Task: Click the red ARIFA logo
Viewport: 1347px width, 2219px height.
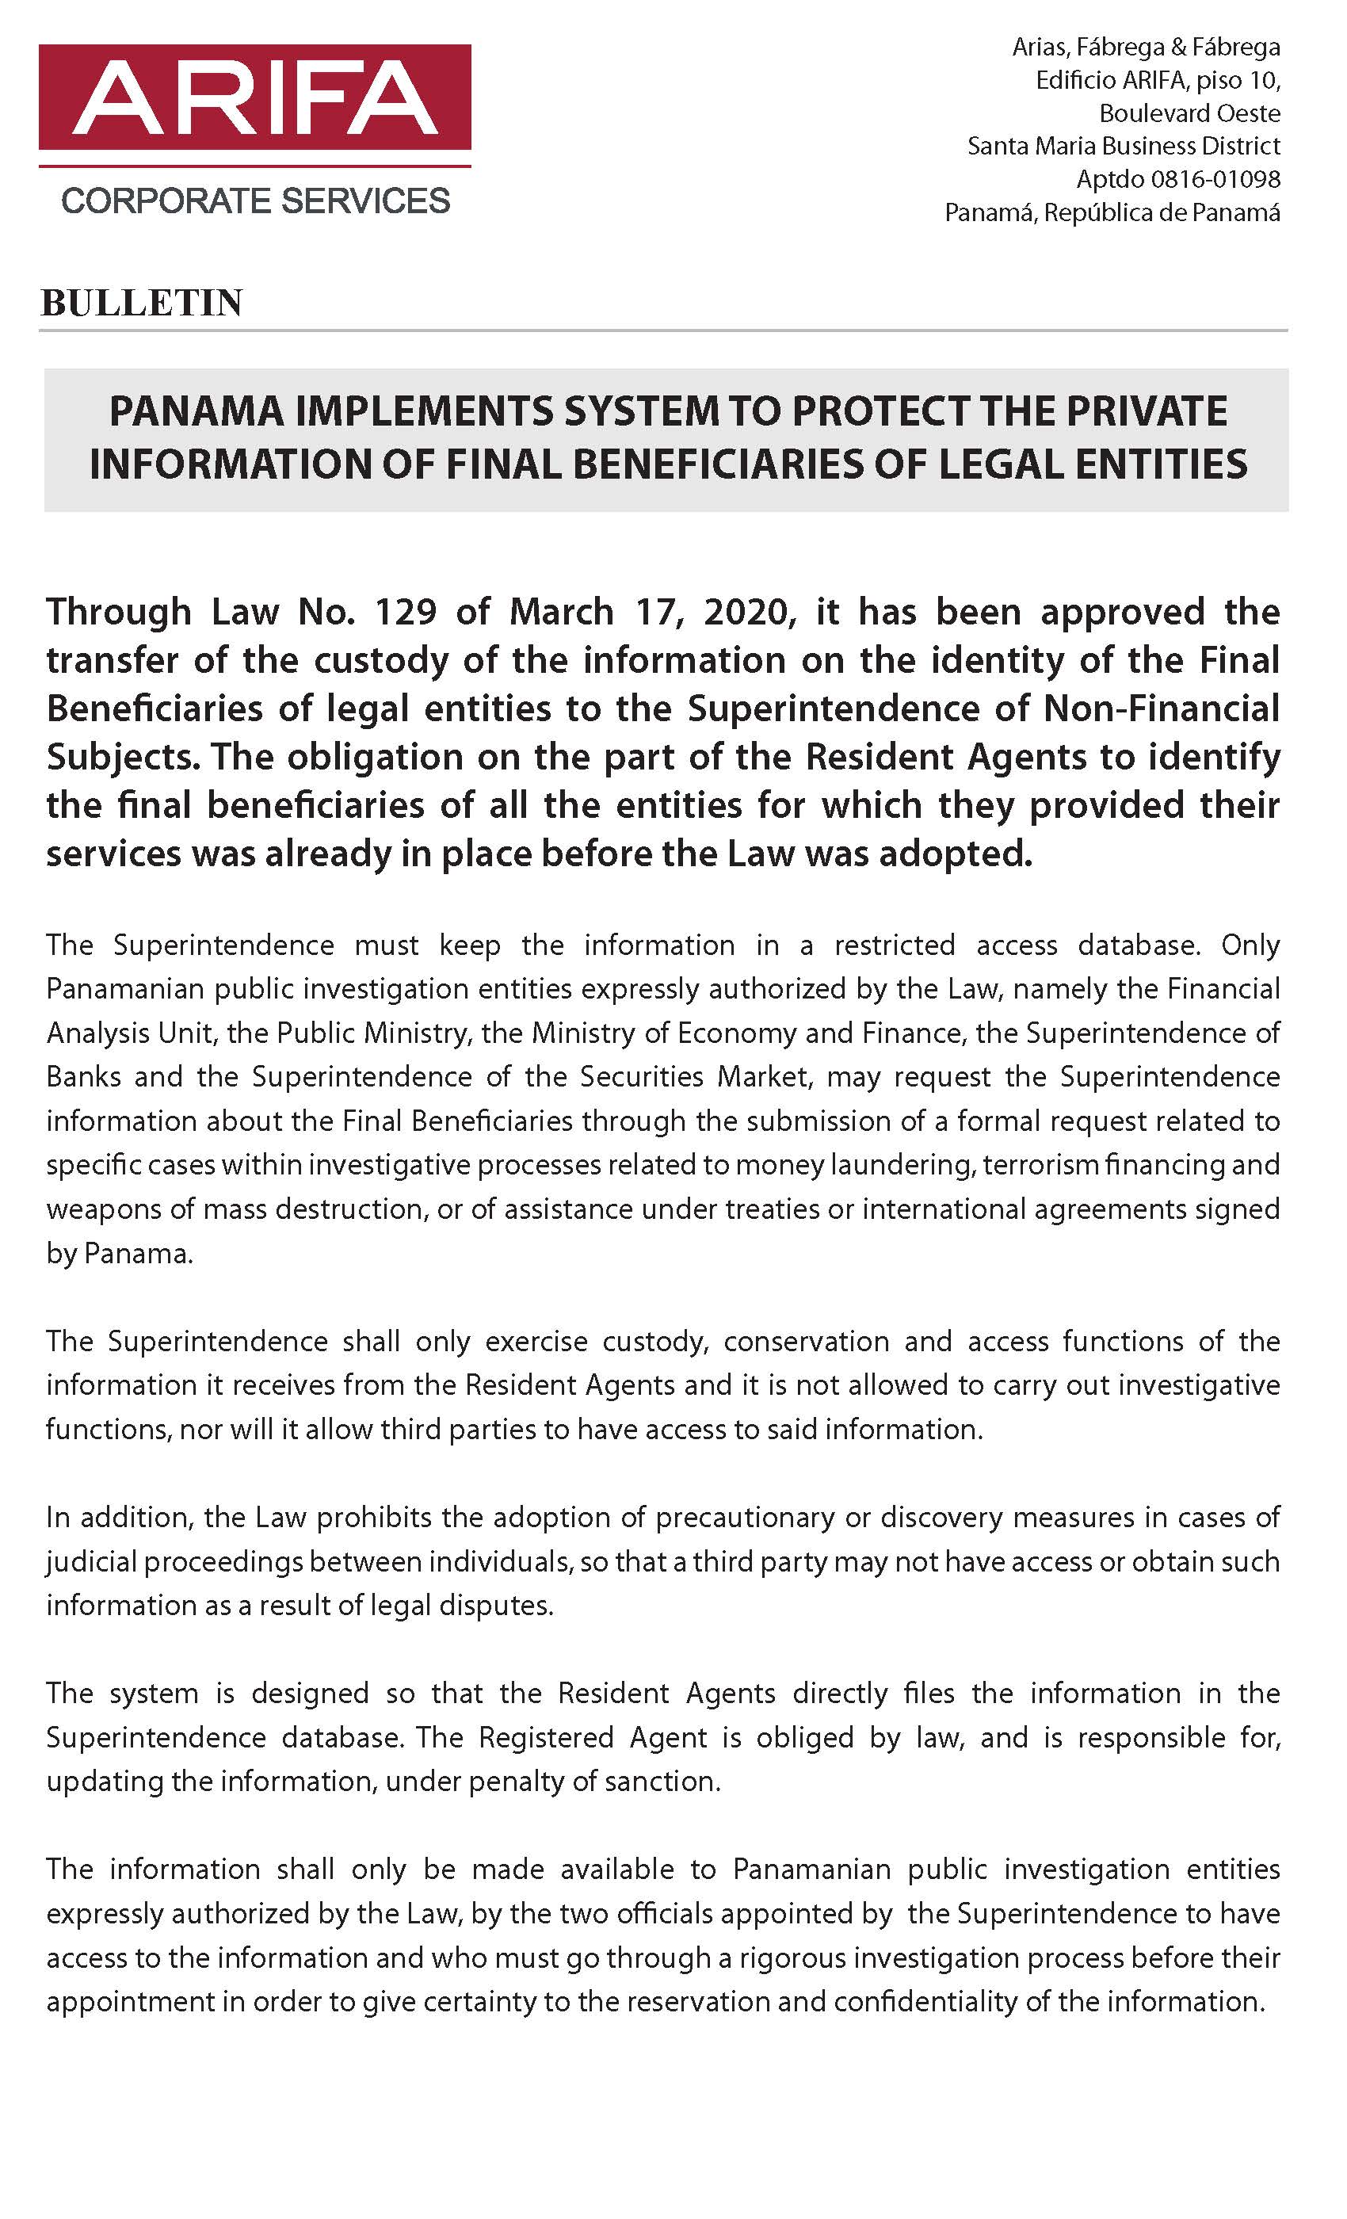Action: (x=255, y=97)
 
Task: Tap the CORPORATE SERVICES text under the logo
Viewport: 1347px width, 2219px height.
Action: (x=255, y=200)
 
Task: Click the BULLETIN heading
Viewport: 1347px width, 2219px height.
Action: (x=141, y=303)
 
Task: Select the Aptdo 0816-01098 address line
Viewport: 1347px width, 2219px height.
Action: (x=1177, y=178)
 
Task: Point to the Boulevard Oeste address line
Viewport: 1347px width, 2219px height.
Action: (x=1189, y=113)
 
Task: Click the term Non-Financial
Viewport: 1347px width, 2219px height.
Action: (x=1161, y=708)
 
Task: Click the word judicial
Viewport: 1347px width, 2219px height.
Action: (x=92, y=1561)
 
